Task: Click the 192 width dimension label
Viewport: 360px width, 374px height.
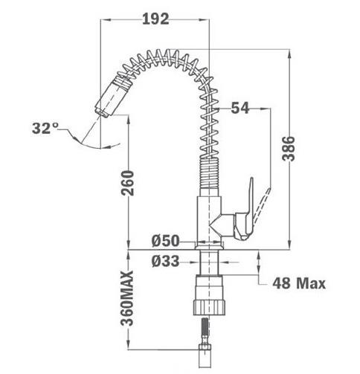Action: click(x=155, y=19)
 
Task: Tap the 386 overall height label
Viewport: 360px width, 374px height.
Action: click(x=289, y=149)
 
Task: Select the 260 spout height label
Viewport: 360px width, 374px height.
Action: click(x=127, y=183)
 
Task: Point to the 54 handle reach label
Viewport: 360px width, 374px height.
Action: click(x=240, y=108)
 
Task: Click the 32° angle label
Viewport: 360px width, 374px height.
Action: click(x=45, y=128)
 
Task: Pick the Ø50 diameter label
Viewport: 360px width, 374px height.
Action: click(x=165, y=241)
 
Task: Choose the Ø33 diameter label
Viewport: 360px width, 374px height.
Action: click(x=165, y=261)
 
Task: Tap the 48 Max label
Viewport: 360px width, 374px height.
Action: click(x=299, y=283)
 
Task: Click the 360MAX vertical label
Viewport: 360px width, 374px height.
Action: click(x=127, y=298)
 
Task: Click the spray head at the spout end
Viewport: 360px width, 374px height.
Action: click(x=112, y=97)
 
